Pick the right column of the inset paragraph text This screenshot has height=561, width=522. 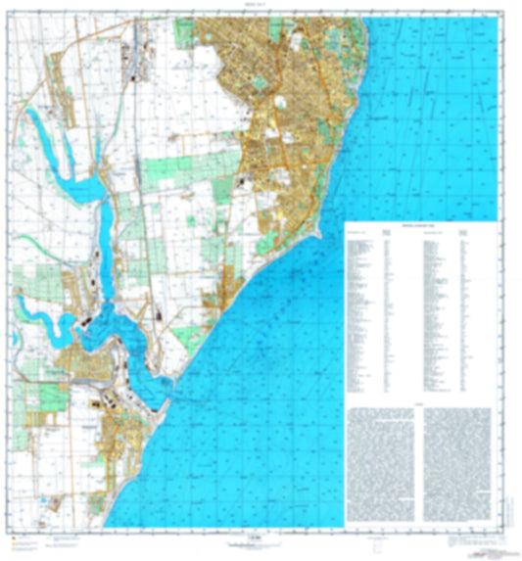tap(458, 455)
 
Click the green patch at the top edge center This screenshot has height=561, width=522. tap(186, 34)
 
